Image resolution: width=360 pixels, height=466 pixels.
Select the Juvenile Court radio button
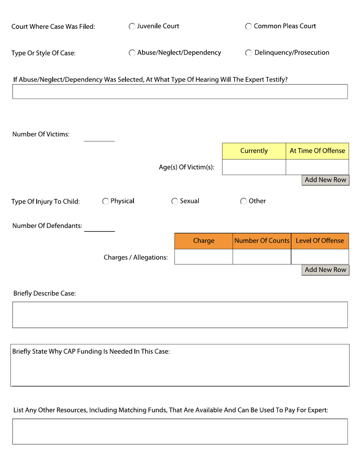tap(132, 27)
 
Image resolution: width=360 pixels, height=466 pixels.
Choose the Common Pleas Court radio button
tap(249, 27)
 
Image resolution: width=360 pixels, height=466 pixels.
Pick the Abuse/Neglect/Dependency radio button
tap(132, 53)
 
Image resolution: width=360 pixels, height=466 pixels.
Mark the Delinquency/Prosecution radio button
tap(249, 53)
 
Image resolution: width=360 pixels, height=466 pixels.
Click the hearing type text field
tap(180, 92)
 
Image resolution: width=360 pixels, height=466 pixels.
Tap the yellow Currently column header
tap(254, 151)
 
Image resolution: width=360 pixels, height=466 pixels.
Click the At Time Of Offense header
tap(317, 151)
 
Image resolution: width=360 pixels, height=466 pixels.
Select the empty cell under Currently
tap(254, 167)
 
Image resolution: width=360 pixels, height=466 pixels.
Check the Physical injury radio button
tap(106, 202)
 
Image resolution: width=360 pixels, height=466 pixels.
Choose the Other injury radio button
tap(244, 202)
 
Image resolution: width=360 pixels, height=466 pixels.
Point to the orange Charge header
tap(203, 241)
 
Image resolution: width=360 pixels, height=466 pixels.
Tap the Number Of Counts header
tap(262, 241)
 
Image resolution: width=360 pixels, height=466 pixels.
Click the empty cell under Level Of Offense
tap(320, 257)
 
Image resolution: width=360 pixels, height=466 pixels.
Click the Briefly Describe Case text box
tap(180, 315)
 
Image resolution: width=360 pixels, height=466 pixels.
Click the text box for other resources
tap(180, 432)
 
